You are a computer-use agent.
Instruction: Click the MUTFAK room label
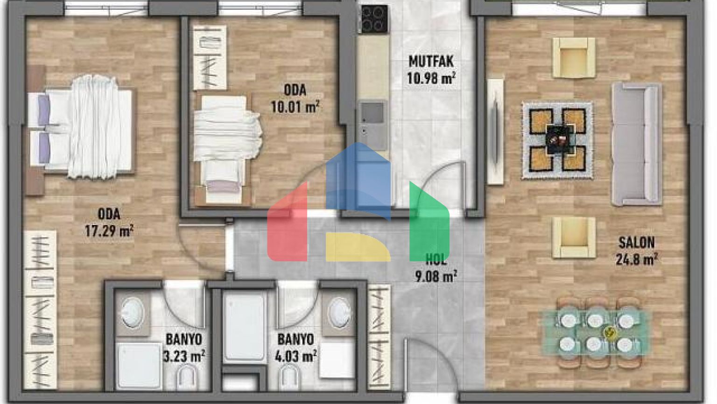click(431, 61)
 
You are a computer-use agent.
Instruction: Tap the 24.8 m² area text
click(636, 259)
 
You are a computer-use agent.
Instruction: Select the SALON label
click(636, 243)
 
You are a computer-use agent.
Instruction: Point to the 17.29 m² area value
click(109, 231)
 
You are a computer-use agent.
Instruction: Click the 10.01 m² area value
click(295, 107)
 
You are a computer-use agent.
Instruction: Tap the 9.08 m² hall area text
click(436, 276)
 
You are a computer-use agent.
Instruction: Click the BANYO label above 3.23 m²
click(183, 339)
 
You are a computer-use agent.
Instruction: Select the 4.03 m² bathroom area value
click(295, 356)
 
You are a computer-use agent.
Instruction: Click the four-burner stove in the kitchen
click(374, 19)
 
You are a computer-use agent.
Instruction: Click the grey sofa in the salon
click(636, 144)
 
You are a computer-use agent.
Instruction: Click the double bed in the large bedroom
click(82, 130)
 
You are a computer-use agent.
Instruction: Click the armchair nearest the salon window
click(574, 58)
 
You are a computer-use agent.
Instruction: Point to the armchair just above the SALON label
click(574, 237)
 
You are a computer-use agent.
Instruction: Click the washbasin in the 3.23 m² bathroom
click(133, 312)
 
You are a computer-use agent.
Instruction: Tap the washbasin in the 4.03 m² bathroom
click(339, 312)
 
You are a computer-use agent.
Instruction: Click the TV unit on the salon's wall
click(495, 131)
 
